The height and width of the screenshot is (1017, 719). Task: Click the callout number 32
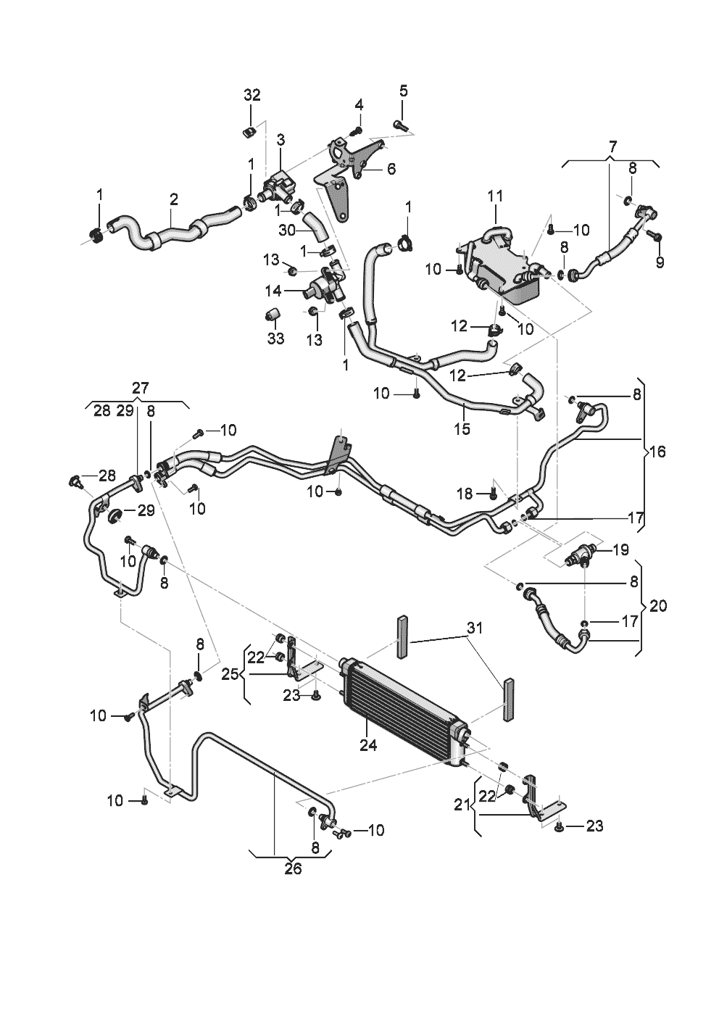pos(252,95)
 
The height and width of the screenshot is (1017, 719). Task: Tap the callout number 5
pos(404,91)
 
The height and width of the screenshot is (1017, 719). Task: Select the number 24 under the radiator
pos(367,745)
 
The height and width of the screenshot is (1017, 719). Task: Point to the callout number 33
pos(275,338)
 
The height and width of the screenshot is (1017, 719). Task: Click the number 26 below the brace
pos(293,868)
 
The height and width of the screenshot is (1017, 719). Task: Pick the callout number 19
pos(620,549)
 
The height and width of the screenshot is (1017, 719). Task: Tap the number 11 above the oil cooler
pos(495,196)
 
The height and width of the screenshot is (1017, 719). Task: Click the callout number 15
pos(462,428)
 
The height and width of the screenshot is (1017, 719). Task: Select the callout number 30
pos(287,231)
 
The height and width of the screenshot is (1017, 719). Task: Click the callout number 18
pos(465,494)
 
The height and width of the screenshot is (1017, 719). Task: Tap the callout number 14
pos(273,291)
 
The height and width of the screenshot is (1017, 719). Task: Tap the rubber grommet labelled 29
pos(115,516)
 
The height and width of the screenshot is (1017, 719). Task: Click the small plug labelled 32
pos(248,133)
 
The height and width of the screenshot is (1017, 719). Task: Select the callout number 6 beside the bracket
pos(391,169)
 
